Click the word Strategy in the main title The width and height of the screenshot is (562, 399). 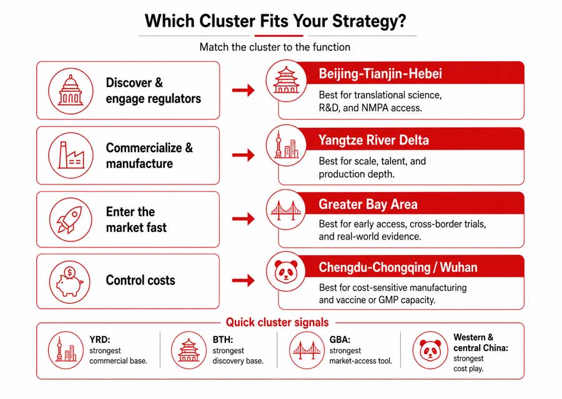pos(369,21)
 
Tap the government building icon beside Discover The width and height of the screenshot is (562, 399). pos(71,90)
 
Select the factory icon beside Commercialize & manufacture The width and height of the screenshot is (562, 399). pos(71,155)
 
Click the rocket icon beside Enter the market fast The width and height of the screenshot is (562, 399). pos(70,219)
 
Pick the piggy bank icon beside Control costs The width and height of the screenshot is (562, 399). pos(70,282)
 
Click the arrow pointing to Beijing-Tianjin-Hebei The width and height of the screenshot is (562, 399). pos(243,90)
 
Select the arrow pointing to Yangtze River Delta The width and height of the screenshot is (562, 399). pos(243,155)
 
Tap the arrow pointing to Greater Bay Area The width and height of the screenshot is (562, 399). pos(243,219)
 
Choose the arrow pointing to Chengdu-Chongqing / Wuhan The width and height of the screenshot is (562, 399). pos(243,280)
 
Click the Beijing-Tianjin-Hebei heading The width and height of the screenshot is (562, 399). pos(380,74)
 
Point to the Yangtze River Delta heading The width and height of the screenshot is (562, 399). pos(373,140)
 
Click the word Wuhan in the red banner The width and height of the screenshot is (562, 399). pos(458,267)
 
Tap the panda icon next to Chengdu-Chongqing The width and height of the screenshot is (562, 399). pos(286,271)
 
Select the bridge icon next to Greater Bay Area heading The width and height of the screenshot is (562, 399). pos(286,209)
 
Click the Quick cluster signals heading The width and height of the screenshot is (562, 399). pos(277,322)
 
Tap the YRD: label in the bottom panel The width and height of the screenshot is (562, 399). pos(100,340)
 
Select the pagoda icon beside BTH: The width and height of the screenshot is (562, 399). pos(189,350)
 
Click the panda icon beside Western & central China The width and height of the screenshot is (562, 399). pos(430,350)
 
